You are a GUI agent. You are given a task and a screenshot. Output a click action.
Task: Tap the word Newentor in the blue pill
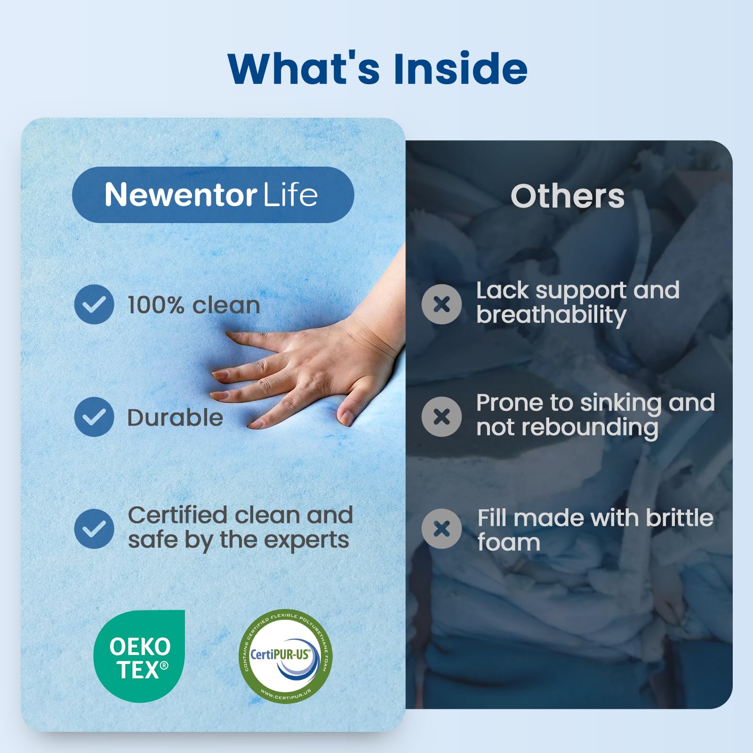pyautogui.click(x=181, y=195)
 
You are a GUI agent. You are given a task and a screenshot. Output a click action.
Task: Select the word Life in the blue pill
pyautogui.click(x=290, y=195)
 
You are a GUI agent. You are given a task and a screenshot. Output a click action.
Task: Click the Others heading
pyautogui.click(x=568, y=196)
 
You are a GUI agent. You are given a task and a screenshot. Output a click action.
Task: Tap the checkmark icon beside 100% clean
pyautogui.click(x=94, y=304)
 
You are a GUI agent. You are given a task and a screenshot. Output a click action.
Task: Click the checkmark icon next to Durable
pyautogui.click(x=94, y=417)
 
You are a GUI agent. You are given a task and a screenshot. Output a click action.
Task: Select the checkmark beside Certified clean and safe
pyautogui.click(x=94, y=529)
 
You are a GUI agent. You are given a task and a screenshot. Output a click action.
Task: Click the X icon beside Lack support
pyautogui.click(x=441, y=304)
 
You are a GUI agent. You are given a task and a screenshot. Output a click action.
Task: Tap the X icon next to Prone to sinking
pyautogui.click(x=441, y=417)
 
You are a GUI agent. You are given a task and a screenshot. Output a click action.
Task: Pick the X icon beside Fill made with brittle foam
pyautogui.click(x=441, y=529)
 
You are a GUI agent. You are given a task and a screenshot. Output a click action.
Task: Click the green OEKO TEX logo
pyautogui.click(x=139, y=656)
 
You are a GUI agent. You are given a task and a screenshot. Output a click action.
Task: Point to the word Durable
pyautogui.click(x=175, y=418)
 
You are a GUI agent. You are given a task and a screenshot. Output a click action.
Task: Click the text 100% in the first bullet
pyautogui.click(x=155, y=305)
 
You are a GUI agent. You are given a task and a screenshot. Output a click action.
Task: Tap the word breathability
pyautogui.click(x=551, y=315)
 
